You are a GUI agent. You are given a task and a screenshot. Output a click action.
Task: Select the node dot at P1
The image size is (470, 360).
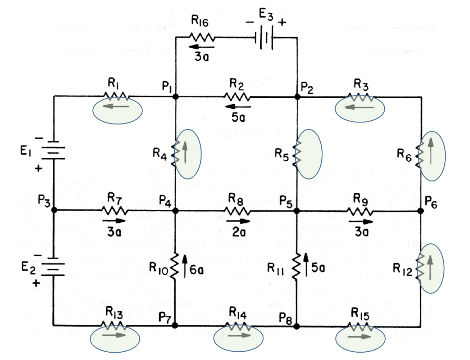pyautogui.click(x=176, y=97)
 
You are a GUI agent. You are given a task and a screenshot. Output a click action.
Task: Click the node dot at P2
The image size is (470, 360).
pyautogui.click(x=297, y=97)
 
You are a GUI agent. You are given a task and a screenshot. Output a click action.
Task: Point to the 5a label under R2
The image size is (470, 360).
pyautogui.click(x=237, y=117)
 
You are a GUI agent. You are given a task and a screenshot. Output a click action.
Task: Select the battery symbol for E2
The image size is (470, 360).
pyautogui.click(x=54, y=267)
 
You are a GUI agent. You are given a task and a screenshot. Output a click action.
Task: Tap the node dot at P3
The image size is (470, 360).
pyautogui.click(x=54, y=210)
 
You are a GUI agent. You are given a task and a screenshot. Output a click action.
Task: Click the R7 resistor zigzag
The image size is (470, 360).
pyautogui.click(x=114, y=211)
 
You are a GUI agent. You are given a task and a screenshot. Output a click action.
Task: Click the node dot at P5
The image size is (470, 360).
pyautogui.click(x=297, y=211)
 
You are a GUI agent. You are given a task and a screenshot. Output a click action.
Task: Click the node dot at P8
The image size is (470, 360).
pyautogui.click(x=297, y=326)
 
